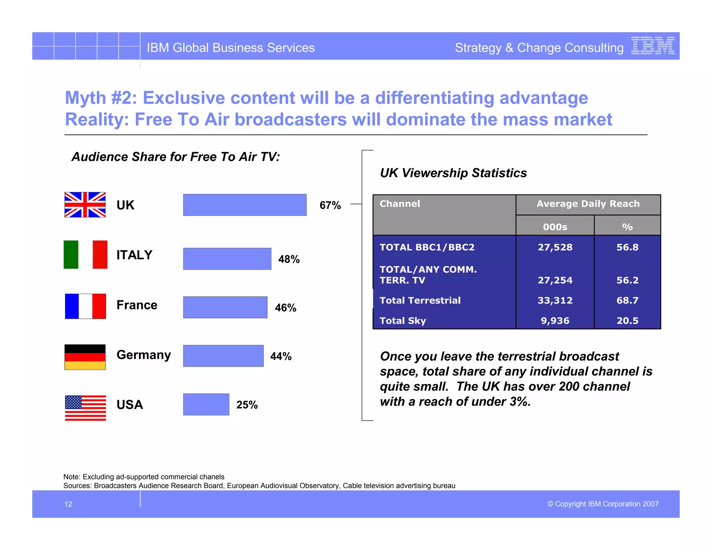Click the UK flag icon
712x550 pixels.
(85, 205)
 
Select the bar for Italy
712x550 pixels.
(227, 259)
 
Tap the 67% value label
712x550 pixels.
(330, 205)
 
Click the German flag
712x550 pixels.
(85, 357)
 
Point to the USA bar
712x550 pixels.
(206, 404)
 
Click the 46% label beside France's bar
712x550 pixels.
(285, 308)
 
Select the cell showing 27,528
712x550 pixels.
(555, 247)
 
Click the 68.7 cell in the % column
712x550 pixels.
(627, 300)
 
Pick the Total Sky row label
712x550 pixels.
(403, 321)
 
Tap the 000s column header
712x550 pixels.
(555, 227)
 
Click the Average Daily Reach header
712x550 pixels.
(588, 204)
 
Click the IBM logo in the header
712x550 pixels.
(653, 46)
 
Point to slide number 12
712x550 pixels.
(68, 504)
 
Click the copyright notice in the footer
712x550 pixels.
(603, 504)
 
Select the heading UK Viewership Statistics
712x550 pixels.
(453, 173)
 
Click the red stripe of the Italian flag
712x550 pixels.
(100, 254)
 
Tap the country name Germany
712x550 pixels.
(144, 355)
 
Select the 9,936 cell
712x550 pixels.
(555, 321)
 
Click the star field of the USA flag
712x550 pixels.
(73, 402)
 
